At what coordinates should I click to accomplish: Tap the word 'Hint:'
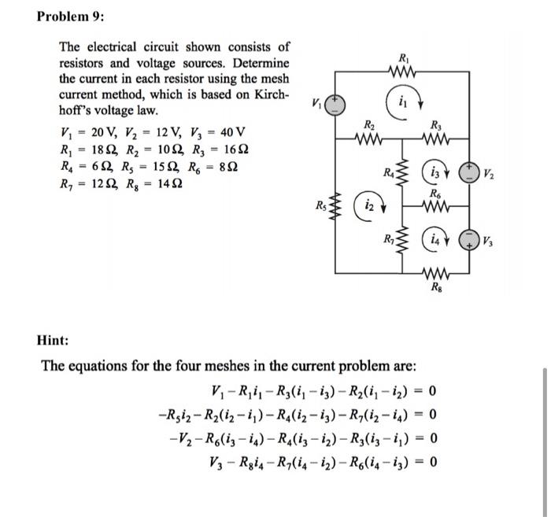click(54, 340)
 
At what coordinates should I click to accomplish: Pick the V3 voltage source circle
click(475, 238)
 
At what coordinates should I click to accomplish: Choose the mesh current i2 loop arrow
click(367, 205)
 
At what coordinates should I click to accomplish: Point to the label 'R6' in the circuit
click(436, 193)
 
